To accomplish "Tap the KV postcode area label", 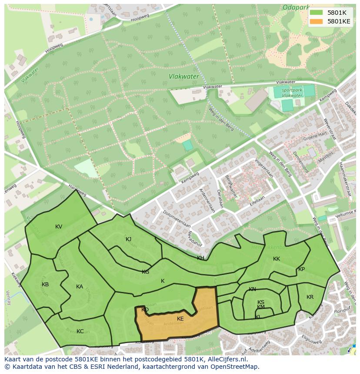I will (x=59, y=227).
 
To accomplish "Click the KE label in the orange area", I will (x=180, y=319).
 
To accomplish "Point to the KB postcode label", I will (x=45, y=285).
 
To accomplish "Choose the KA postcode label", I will (x=80, y=287).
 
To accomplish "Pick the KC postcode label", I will (x=80, y=331).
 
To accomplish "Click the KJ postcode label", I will (x=128, y=239).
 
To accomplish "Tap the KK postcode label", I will (x=277, y=259).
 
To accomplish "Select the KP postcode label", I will (x=301, y=269).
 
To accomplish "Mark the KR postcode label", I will (x=310, y=297).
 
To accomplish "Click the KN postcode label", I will (x=252, y=289).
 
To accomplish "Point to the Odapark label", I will (x=295, y=7).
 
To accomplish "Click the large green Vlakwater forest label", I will (x=184, y=76).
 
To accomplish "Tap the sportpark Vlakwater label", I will (x=292, y=93).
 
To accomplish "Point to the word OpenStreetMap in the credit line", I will (x=234, y=367).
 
